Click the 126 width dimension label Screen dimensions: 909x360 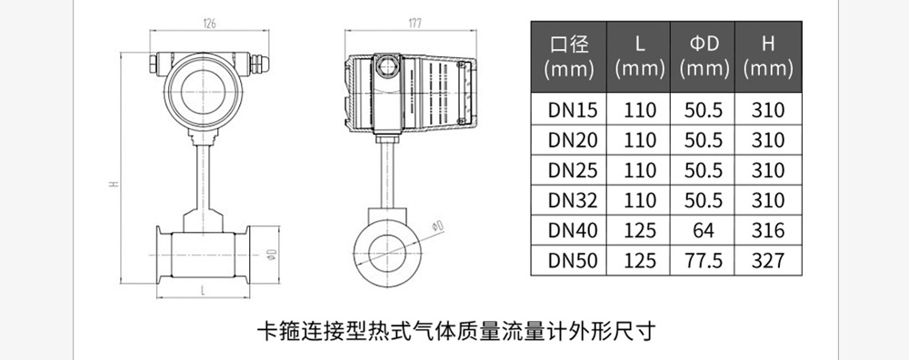pos(209,24)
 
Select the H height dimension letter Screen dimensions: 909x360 pos(115,184)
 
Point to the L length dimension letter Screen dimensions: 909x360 pos(204,291)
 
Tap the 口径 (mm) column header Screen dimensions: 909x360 pos(569,56)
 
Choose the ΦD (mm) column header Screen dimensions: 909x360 pos(704,56)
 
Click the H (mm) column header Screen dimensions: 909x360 pos(768,56)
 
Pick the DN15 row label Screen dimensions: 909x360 pos(572,110)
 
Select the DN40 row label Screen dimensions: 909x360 pos(572,230)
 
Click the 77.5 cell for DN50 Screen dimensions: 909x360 pos(704,260)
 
